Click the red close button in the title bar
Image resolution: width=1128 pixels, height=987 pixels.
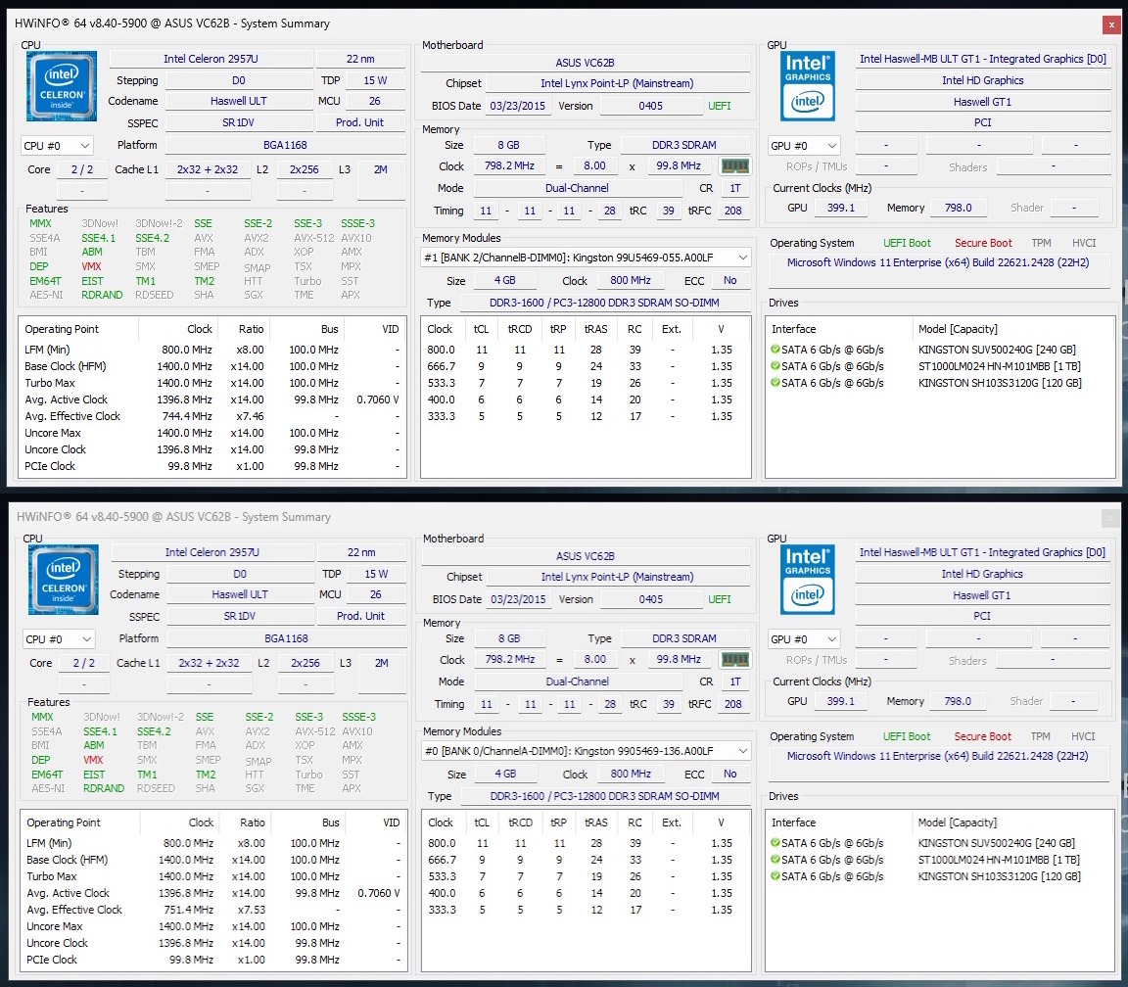(x=1111, y=23)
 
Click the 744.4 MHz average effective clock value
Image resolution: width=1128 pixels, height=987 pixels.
(x=186, y=416)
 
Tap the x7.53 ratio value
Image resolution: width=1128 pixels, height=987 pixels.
(x=249, y=910)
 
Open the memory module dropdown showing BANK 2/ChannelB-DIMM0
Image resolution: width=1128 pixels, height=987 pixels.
(x=586, y=258)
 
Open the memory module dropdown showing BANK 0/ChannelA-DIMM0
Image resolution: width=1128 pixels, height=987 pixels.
(x=586, y=751)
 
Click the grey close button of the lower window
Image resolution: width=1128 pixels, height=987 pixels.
(x=1111, y=517)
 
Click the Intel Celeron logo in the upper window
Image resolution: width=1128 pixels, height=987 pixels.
(x=62, y=87)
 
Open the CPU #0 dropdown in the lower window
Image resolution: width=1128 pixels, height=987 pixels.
(x=58, y=639)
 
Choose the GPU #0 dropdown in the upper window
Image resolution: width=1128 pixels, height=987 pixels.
(x=804, y=146)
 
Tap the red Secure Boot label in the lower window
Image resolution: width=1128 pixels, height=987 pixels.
(x=982, y=736)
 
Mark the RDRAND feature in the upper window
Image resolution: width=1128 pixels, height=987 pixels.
(x=102, y=295)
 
